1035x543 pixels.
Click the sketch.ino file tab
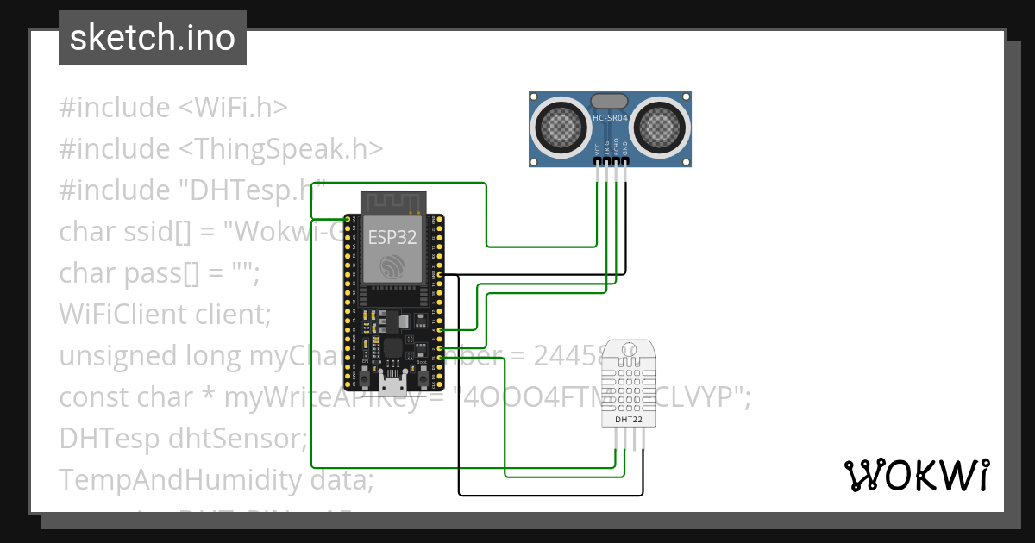point(153,38)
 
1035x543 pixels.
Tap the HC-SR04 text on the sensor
point(612,116)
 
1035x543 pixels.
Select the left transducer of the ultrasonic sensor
point(561,128)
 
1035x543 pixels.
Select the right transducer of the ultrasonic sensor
point(661,128)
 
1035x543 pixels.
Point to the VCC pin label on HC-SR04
point(598,149)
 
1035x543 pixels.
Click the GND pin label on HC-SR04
point(626,149)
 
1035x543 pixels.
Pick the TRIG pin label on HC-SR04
point(607,149)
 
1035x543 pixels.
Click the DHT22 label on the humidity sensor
point(628,420)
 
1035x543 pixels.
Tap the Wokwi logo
point(916,475)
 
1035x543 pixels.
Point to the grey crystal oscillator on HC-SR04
point(611,101)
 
